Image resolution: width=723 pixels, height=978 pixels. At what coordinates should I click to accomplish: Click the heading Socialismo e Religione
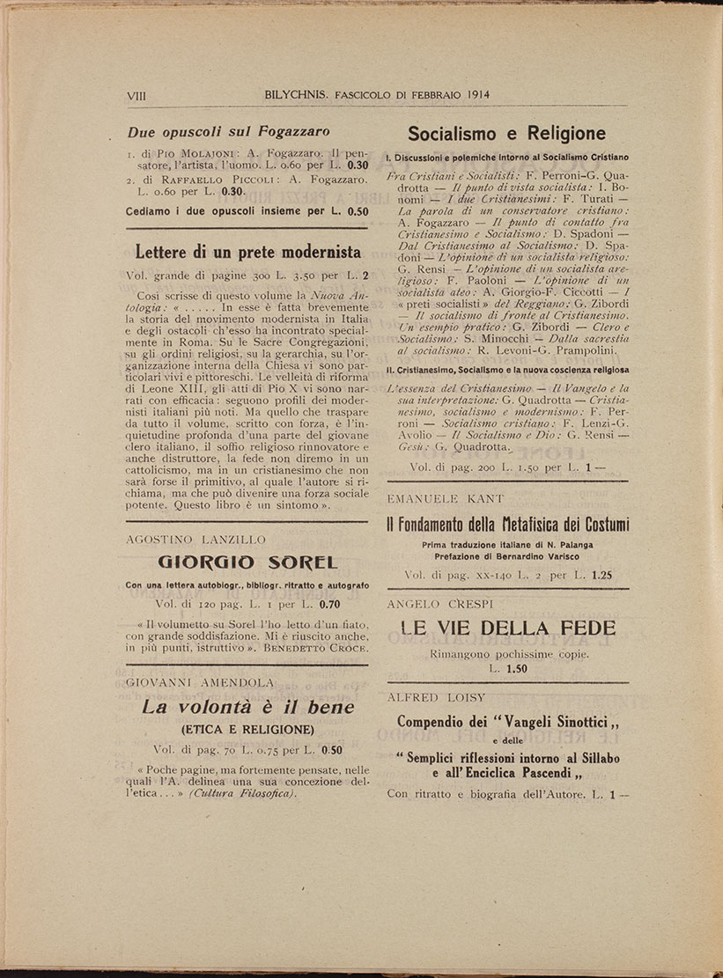click(506, 134)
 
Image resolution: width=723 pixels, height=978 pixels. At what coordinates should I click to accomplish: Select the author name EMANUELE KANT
click(446, 498)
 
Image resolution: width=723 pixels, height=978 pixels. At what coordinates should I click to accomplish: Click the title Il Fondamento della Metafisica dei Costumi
click(508, 525)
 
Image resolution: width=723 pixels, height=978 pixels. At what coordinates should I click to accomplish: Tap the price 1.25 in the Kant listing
click(602, 575)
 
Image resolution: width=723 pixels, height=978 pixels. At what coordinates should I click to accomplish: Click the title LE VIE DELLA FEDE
click(508, 628)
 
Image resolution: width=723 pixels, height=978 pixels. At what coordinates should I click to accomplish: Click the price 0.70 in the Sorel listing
click(329, 605)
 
